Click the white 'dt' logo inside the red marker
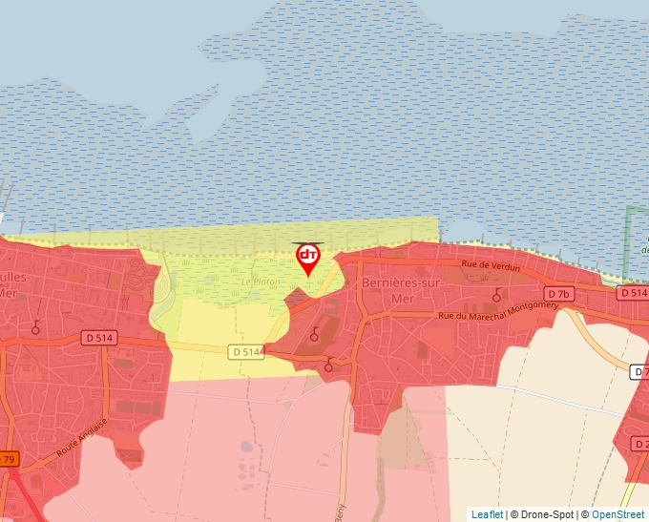(x=307, y=256)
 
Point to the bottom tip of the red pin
(x=307, y=277)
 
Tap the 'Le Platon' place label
(x=261, y=282)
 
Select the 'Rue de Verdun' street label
(x=491, y=267)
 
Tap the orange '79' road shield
(x=8, y=459)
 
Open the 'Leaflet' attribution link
(x=487, y=514)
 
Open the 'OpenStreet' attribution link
(x=618, y=514)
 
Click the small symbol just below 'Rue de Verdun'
(x=496, y=295)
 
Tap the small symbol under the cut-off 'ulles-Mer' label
(x=36, y=327)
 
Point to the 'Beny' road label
(x=341, y=513)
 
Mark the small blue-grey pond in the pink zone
(x=247, y=447)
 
